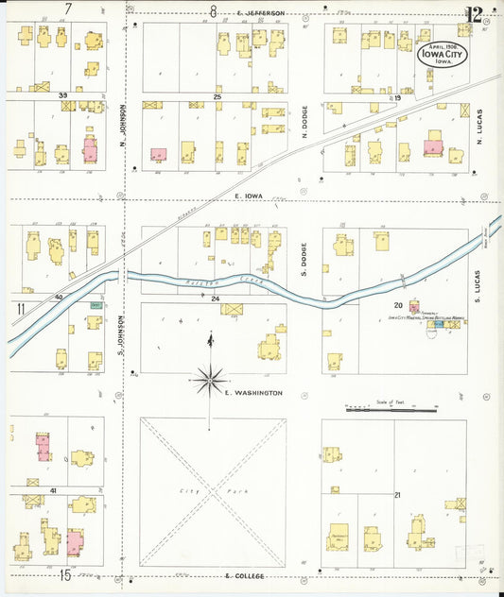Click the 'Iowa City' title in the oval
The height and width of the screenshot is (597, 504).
click(x=443, y=53)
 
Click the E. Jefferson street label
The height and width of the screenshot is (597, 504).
click(x=261, y=13)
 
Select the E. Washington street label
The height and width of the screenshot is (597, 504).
click(x=252, y=391)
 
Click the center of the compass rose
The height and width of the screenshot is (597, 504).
click(x=209, y=381)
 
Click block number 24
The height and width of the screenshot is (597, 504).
click(x=216, y=298)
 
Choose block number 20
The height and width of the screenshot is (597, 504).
click(x=398, y=305)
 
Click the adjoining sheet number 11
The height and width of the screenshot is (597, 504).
click(x=19, y=308)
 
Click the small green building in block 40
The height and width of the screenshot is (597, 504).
click(x=96, y=305)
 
